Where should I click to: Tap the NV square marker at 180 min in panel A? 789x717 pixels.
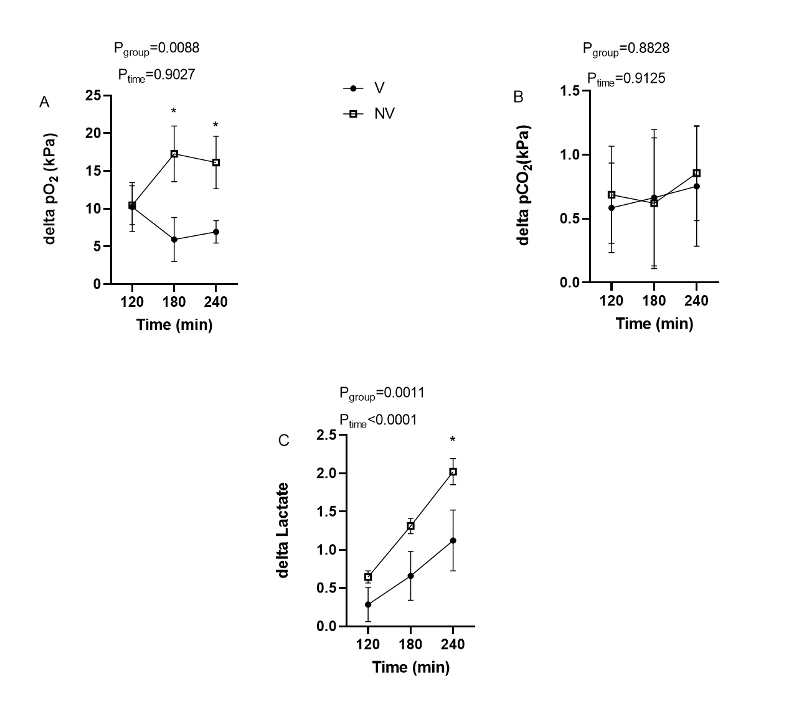point(174,154)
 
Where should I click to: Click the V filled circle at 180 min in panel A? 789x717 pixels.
point(174,240)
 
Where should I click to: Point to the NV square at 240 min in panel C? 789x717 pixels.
point(453,472)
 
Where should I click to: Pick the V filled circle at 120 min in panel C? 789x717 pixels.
point(368,604)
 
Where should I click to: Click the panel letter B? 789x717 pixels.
point(518,97)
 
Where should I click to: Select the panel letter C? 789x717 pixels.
point(284,441)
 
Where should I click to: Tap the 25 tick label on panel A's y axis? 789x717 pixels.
point(94,96)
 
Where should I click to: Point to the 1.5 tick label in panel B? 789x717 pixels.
point(570,91)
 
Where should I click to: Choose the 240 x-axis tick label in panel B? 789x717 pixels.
point(696,301)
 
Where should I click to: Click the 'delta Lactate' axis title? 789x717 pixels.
point(283,530)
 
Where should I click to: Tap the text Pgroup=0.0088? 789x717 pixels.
point(156,48)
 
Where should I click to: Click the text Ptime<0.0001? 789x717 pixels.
point(378,421)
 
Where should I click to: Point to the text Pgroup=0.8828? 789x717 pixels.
point(626,49)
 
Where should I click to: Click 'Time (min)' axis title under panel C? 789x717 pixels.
point(411,667)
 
